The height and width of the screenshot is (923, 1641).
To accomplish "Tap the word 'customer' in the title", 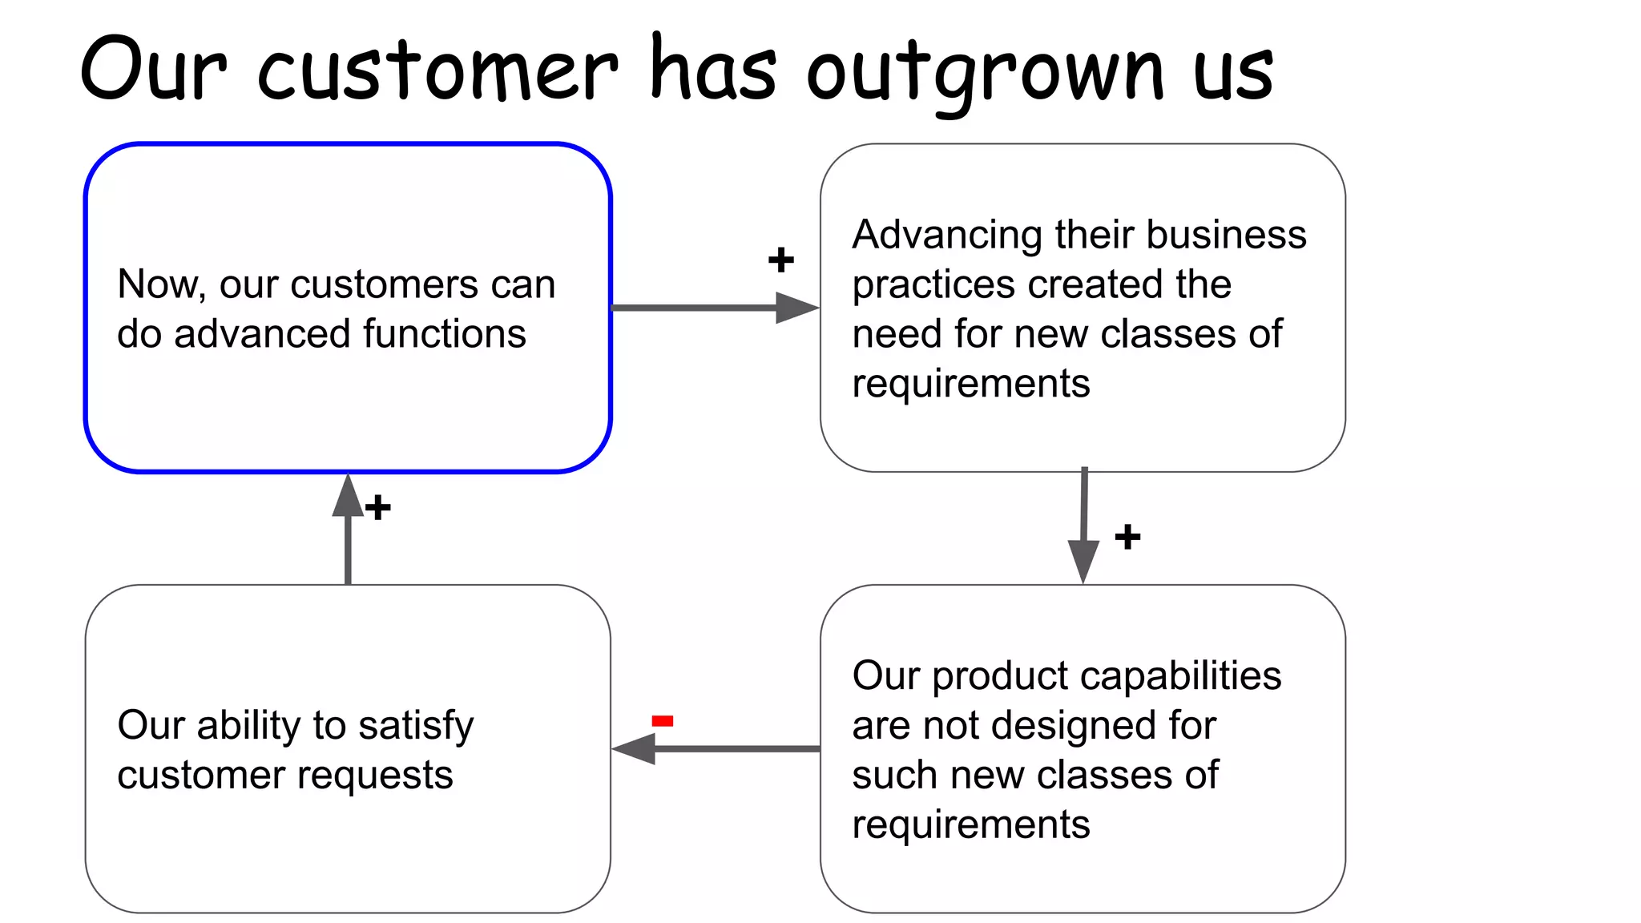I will [437, 72].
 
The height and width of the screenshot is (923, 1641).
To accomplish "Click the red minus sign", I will [663, 721].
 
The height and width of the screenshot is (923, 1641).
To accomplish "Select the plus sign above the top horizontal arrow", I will [780, 260].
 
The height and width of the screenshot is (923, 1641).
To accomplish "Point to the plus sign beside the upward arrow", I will [378, 507].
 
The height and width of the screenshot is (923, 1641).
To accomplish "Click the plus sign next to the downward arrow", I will [1127, 537].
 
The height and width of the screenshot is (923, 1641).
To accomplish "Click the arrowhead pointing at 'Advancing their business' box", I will [796, 308].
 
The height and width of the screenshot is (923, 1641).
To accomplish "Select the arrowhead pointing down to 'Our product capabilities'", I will [1083, 561].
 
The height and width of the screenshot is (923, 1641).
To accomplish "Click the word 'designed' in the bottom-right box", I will [1073, 726].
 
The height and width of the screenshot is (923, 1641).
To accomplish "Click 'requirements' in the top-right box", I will [970, 384].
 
